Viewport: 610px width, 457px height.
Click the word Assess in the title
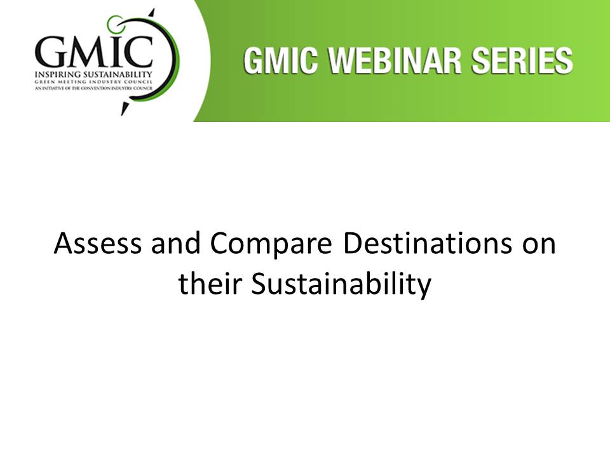click(98, 243)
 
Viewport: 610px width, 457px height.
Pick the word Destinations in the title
click(428, 243)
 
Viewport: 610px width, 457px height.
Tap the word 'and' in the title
click(176, 243)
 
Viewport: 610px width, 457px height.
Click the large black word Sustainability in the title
click(341, 284)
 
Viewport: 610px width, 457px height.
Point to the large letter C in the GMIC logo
click(137, 52)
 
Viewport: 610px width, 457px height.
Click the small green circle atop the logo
click(115, 23)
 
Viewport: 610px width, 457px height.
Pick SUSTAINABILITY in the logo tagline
click(117, 75)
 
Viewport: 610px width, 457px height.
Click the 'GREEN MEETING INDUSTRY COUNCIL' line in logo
click(93, 83)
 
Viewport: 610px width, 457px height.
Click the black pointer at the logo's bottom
click(125, 108)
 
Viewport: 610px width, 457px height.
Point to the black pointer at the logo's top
click(152, 13)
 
